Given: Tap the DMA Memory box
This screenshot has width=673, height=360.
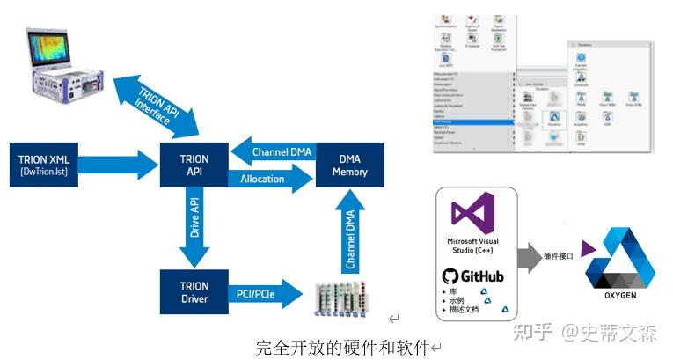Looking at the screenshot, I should coord(349,165).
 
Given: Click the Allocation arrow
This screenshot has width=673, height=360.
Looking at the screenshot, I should coord(267,179).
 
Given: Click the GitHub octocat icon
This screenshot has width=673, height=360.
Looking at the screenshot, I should coord(450,276).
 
